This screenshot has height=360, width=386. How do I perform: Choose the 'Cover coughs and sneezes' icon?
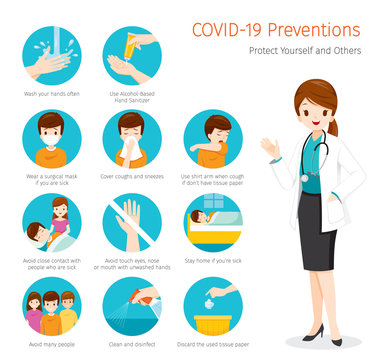pyautogui.click(x=130, y=139)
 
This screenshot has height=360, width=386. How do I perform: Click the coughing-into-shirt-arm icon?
pyautogui.click(x=212, y=139)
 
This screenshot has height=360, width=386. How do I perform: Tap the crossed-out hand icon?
pyautogui.click(x=130, y=224)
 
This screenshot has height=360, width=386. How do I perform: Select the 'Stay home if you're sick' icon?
pyautogui.click(x=212, y=224)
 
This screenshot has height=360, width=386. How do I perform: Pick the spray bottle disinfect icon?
pyautogui.click(x=130, y=308)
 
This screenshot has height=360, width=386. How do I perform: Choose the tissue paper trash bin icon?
pyautogui.click(x=212, y=308)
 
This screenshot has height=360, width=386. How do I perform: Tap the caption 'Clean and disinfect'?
pyautogui.click(x=130, y=345)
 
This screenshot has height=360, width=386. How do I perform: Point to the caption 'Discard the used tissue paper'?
pyautogui.click(x=212, y=345)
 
